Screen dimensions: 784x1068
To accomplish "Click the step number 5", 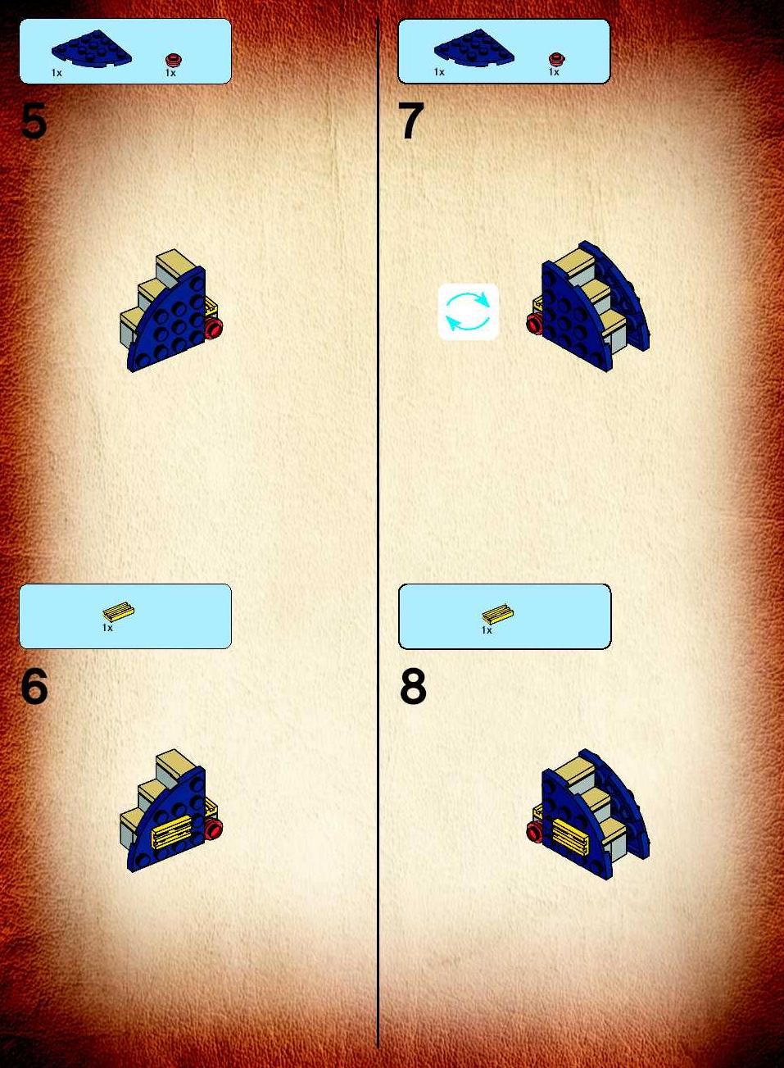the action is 34,121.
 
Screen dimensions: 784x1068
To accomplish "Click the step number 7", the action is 412,121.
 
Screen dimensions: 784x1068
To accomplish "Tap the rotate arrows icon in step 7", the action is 468,311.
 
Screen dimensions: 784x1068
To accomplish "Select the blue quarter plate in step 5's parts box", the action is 92,48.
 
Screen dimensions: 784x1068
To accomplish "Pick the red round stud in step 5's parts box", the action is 174,61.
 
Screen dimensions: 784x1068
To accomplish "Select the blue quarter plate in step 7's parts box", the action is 474,48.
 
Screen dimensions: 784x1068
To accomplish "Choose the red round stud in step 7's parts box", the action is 556,59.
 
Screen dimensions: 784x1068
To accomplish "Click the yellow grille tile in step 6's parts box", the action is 118,612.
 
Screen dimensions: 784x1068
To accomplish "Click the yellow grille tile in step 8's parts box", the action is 497,614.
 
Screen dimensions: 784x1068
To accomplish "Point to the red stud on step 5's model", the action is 213,329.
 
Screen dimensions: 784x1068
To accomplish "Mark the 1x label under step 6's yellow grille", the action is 107,628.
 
